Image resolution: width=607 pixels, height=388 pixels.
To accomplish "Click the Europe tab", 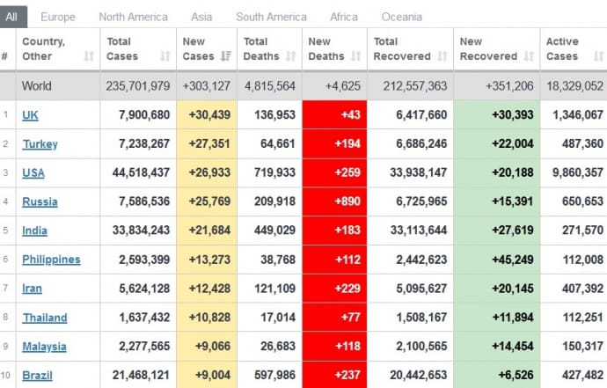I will click(58, 17).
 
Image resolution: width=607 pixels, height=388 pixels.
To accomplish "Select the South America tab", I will click(271, 17).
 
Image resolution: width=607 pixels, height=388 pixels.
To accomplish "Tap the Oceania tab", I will click(401, 17).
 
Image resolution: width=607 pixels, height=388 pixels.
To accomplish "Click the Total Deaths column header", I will click(263, 48).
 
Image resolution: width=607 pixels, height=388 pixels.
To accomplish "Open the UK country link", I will click(30, 115).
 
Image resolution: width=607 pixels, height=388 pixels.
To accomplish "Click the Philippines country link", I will click(51, 260).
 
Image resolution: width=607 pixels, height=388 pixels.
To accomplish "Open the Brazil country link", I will click(37, 376).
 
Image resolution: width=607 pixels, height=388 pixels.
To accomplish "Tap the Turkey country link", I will click(39, 144).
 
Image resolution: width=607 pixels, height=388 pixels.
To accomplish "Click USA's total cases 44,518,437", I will click(141, 173).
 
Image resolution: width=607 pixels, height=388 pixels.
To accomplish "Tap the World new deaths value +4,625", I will click(342, 86).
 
